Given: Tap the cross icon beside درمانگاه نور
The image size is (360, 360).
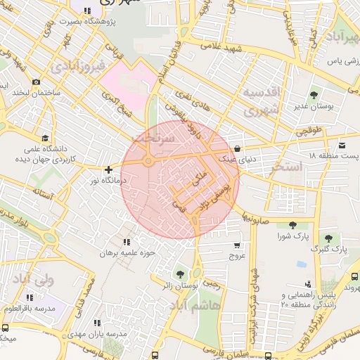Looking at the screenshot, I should (x=108, y=169).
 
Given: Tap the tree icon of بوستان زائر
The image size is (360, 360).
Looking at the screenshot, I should (x=181, y=273).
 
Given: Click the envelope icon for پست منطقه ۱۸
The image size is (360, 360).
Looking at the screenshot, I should (x=342, y=145).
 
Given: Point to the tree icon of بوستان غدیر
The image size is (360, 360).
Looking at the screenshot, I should (x=313, y=94).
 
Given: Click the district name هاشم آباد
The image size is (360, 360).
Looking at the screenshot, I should (x=201, y=307).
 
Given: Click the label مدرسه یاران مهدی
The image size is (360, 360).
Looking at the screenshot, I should (x=97, y=333).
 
